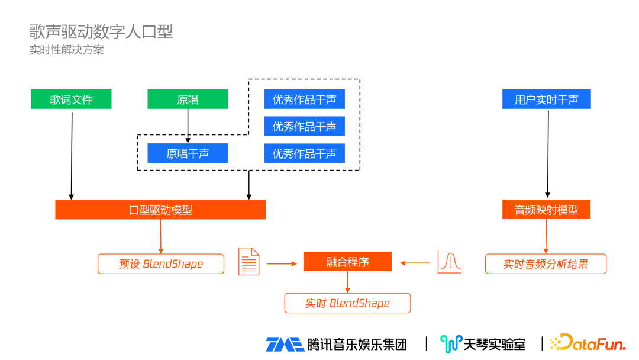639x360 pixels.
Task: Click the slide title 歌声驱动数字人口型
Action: tap(101, 31)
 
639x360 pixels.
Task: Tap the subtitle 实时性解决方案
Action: tap(67, 50)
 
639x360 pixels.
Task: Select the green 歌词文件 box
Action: tap(71, 99)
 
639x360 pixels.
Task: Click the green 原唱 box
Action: tap(188, 99)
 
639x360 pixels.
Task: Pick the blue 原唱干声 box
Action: tap(188, 153)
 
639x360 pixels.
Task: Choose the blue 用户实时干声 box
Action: tap(546, 99)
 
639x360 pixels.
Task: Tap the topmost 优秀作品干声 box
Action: tap(304, 99)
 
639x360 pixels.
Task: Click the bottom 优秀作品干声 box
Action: tap(304, 153)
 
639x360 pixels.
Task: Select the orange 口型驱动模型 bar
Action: tap(160, 210)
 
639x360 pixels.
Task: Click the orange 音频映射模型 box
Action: tap(546, 210)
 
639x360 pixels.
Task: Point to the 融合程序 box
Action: tap(347, 262)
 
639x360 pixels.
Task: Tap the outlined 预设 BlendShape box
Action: tap(161, 264)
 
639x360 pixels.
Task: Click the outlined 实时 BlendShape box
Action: tap(347, 303)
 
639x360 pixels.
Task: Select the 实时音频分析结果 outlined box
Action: tap(546, 264)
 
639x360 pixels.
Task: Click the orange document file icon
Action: tap(249, 262)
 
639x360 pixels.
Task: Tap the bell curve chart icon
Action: tap(449, 262)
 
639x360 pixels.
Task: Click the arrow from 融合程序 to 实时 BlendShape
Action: tap(347, 282)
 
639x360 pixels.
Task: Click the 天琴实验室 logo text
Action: tap(493, 343)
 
